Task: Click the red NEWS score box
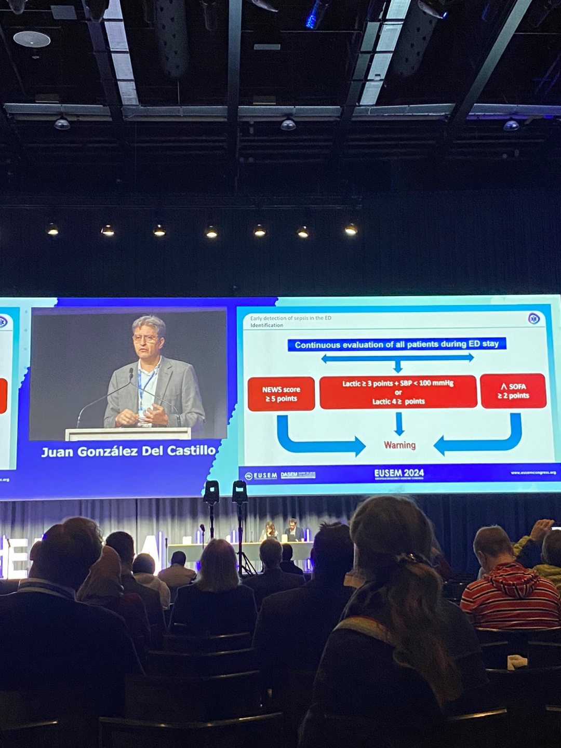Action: (x=281, y=394)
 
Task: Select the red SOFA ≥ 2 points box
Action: (x=513, y=391)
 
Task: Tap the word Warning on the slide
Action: (x=399, y=445)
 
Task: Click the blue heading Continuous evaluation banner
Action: (x=397, y=344)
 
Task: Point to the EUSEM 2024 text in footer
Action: (x=399, y=473)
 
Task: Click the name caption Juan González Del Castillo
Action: (x=128, y=451)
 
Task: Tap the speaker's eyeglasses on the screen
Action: (x=146, y=339)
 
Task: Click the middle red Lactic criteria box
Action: (x=398, y=392)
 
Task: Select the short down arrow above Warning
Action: (x=399, y=423)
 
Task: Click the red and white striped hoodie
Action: (x=510, y=597)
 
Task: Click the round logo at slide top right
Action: (x=533, y=318)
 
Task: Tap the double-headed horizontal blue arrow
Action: (x=397, y=358)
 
